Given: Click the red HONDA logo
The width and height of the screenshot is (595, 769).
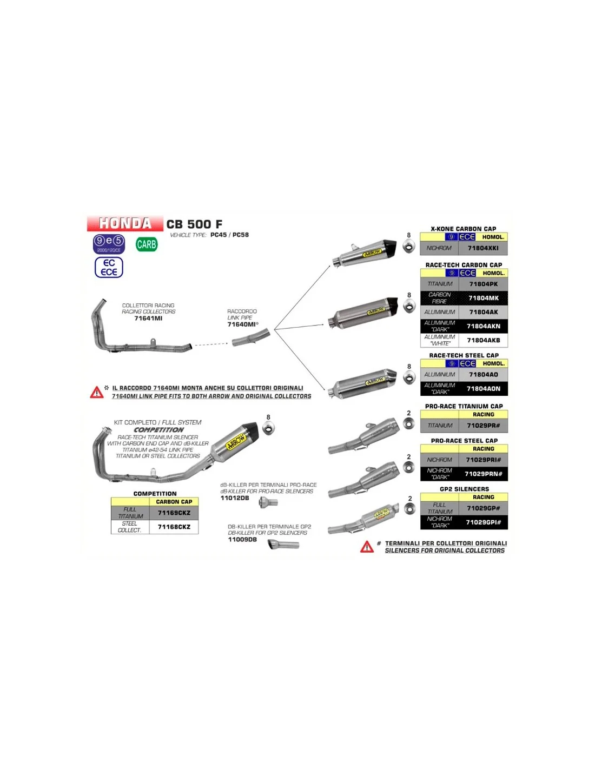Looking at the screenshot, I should point(125,223).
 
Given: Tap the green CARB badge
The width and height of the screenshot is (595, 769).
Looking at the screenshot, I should point(147,244).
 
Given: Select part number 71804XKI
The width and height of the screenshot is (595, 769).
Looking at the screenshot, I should point(483,248).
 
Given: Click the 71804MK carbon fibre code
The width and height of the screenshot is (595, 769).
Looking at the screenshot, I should point(484,298).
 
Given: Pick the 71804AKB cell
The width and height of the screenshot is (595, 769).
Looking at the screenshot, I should point(484,340).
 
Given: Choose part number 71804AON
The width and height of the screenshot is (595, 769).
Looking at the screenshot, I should point(484,388).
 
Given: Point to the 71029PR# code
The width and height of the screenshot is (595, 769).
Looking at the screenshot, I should point(484,426).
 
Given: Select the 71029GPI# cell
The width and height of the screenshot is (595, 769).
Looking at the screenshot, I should point(484,522).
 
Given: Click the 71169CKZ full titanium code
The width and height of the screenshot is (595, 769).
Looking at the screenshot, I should point(174,513).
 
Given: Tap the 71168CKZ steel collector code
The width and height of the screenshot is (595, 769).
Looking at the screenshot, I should point(174,527).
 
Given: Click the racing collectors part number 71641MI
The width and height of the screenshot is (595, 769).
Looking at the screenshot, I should point(148,319).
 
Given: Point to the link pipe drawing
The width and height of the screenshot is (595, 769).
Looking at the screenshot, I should point(251,337).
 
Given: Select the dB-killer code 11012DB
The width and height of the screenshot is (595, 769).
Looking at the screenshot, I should point(235,498).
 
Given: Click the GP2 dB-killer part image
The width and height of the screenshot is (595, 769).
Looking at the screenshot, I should point(283,545).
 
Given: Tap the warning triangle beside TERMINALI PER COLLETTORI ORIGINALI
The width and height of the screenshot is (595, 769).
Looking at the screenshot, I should point(367,547).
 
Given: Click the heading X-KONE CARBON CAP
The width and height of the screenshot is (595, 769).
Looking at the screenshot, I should point(464,229).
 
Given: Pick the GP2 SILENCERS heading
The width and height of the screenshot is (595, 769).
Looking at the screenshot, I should point(464,489).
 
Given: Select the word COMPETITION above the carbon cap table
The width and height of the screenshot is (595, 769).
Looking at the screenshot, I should point(155,494).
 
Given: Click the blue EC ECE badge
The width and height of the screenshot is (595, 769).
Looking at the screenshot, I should point(109,267).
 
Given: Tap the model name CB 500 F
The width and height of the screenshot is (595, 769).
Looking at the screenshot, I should point(194,224).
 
